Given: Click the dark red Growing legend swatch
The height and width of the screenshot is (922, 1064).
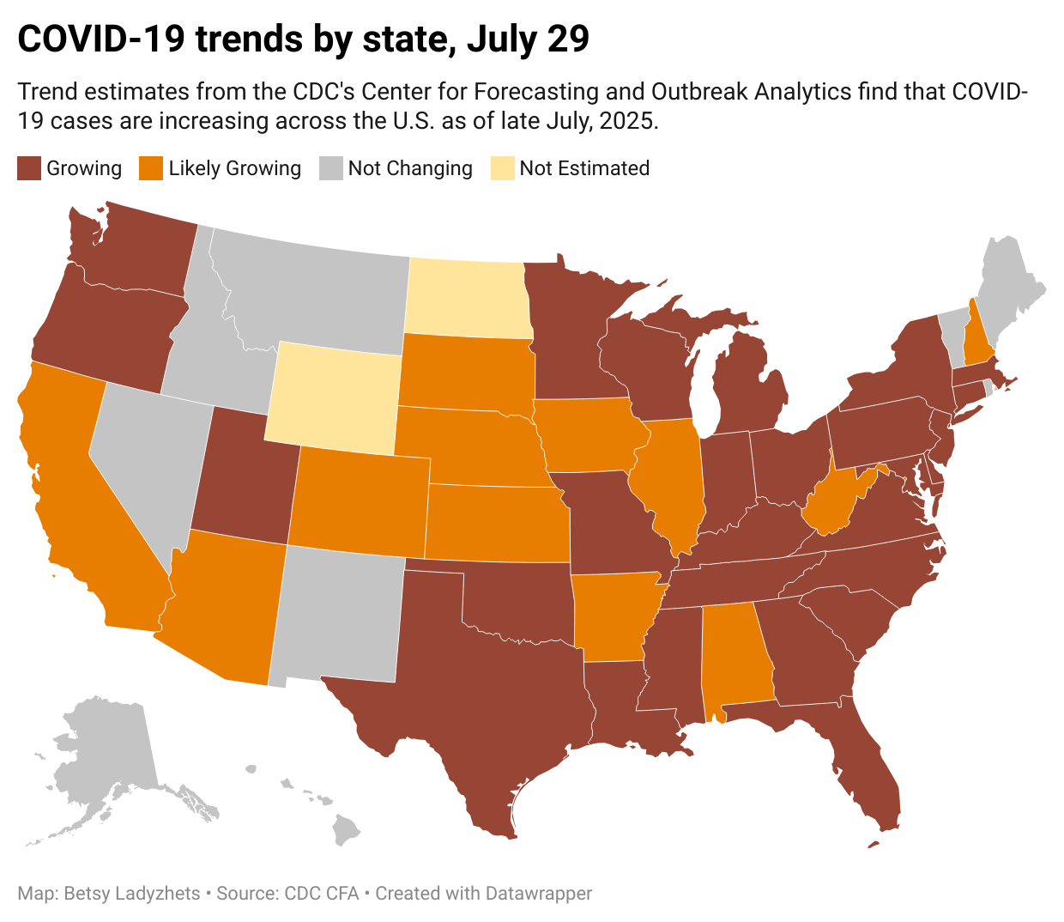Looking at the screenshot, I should point(29,168).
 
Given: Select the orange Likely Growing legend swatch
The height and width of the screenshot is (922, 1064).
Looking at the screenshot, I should point(151,168).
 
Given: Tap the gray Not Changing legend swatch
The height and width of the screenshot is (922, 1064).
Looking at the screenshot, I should point(331,168).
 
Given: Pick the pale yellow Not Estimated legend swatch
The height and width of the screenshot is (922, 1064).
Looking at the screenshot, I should point(502,168).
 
